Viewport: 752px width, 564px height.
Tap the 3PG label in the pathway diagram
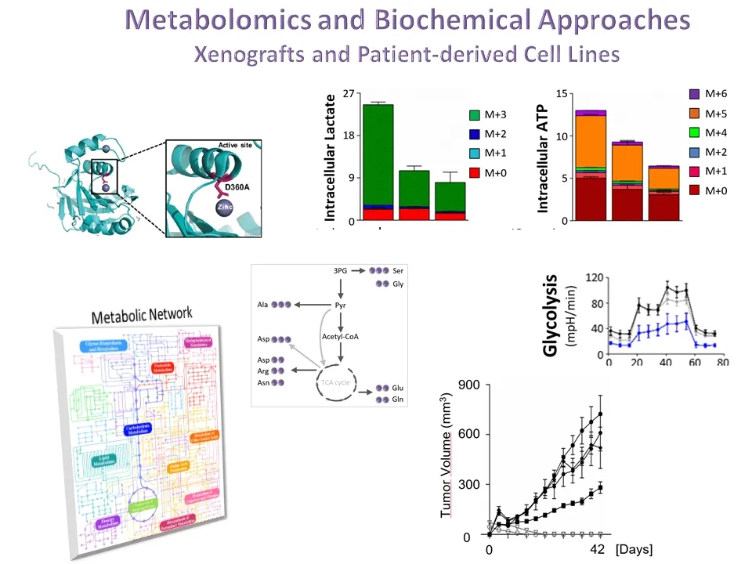point(341,270)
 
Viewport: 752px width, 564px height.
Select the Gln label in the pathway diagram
point(399,399)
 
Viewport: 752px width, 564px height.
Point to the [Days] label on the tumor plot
point(634,549)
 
